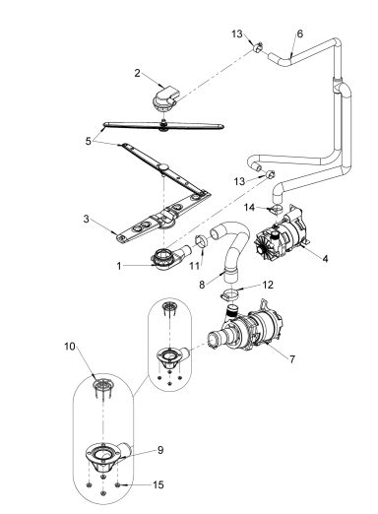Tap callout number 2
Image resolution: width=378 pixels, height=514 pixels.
138,73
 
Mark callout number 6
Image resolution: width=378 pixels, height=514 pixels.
299,33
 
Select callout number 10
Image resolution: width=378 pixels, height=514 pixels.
70,346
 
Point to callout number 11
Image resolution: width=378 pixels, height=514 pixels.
194,266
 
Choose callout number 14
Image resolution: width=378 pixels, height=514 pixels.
250,207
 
